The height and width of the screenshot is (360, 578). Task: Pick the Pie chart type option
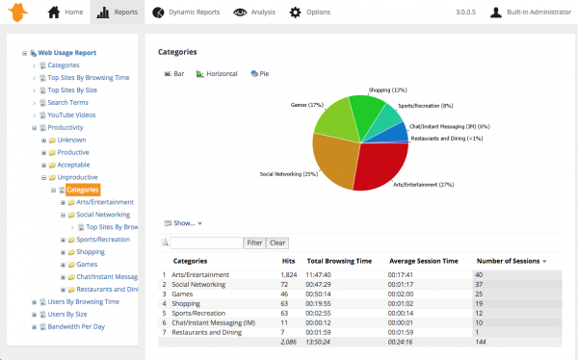[260, 73]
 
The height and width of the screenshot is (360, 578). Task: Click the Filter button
[253, 244]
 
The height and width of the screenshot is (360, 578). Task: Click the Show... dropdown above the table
[186, 223]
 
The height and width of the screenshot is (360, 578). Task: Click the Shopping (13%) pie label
[385, 90]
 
